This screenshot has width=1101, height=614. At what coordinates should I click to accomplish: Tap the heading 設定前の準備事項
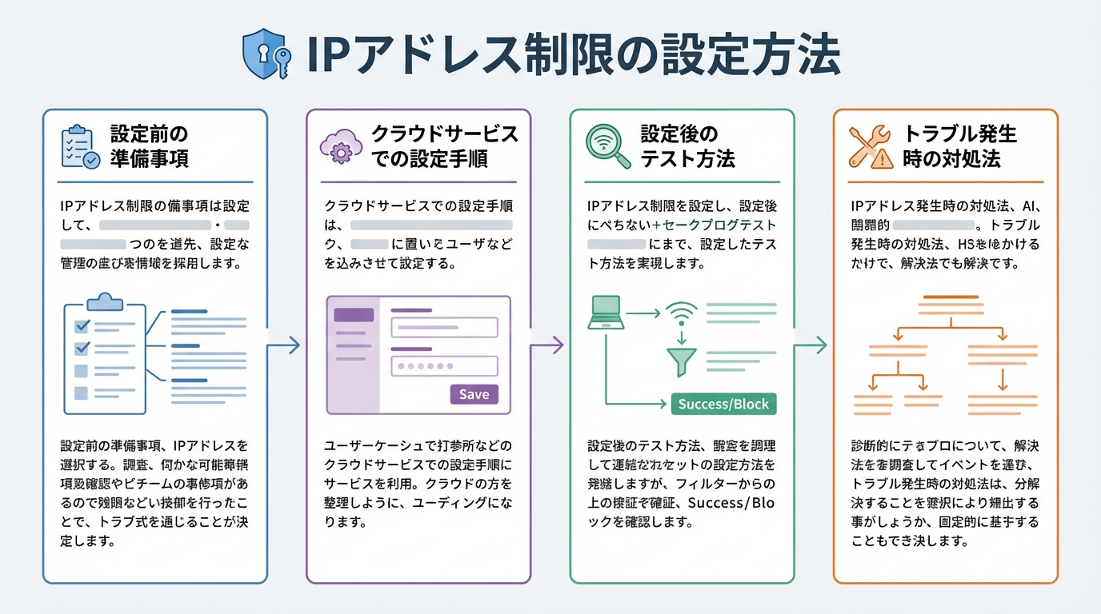click(x=150, y=146)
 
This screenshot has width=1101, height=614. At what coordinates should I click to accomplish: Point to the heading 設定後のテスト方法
click(x=687, y=146)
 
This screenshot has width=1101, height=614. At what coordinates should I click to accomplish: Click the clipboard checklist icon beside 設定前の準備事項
click(x=80, y=146)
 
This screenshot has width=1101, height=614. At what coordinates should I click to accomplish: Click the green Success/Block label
click(x=723, y=404)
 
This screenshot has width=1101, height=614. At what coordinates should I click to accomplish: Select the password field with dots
click(x=444, y=366)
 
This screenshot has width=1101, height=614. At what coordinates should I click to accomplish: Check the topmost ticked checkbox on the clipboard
click(x=82, y=326)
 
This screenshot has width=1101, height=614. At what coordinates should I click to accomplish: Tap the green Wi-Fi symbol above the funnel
click(x=681, y=313)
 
